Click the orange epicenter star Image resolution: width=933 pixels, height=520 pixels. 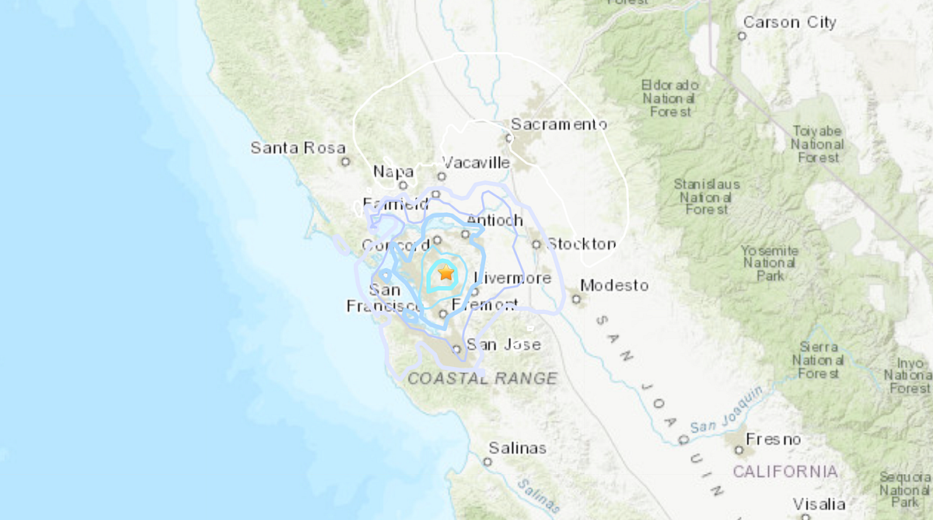(x=446, y=273)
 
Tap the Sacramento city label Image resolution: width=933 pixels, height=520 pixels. (x=559, y=124)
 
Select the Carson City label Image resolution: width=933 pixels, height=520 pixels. (x=789, y=23)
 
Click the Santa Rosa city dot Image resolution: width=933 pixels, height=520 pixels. (x=345, y=162)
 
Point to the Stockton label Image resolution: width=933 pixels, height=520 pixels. (x=581, y=244)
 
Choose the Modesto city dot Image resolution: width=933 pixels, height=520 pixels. (x=576, y=298)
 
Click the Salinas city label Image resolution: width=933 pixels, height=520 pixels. (x=517, y=448)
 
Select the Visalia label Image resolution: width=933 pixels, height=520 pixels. (x=819, y=504)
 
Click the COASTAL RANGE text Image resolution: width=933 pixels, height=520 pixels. (x=483, y=379)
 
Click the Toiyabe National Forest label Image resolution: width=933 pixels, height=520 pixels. (x=817, y=145)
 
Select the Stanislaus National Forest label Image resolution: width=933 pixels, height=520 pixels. (x=707, y=197)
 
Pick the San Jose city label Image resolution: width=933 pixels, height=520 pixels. (x=502, y=344)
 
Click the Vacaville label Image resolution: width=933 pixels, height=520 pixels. (x=476, y=162)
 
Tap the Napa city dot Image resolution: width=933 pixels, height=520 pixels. (x=404, y=186)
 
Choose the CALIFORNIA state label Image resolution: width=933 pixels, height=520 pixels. (x=785, y=472)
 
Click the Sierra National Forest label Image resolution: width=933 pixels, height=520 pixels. (x=818, y=361)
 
